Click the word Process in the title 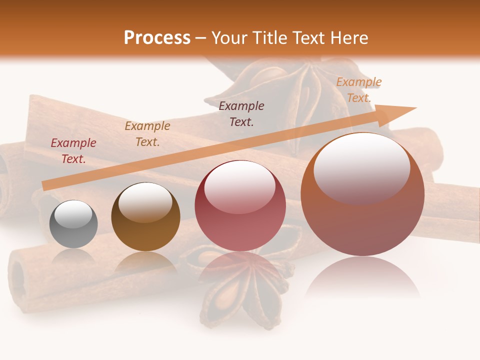pos(157,38)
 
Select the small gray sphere pos(73,224)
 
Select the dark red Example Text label pos(73,150)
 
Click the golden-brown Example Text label pos(147,133)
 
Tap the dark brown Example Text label pos(241,113)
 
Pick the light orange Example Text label pos(358,89)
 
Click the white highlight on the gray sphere pos(73,215)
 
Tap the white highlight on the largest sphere pos(361,165)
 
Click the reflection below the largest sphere pos(362,280)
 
